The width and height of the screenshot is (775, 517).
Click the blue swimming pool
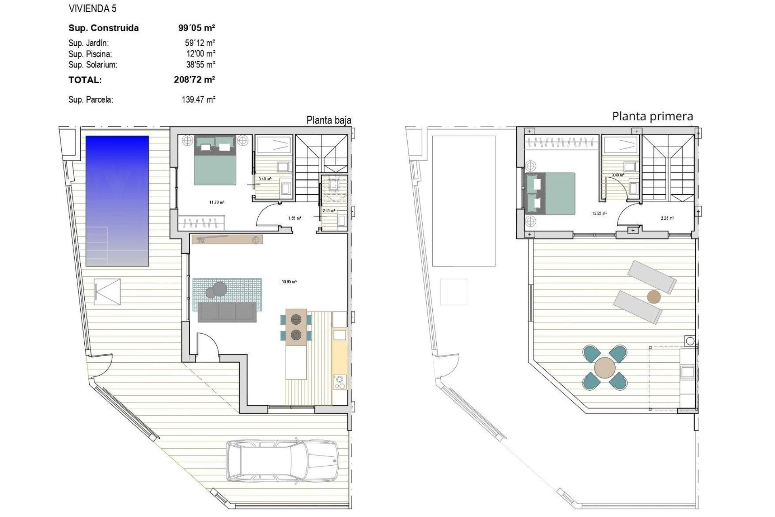point(117,201)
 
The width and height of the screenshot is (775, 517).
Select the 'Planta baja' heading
point(329,120)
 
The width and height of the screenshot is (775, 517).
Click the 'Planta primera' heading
point(652,116)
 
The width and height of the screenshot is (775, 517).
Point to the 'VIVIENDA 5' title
point(93,8)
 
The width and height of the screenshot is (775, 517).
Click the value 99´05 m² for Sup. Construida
point(197,28)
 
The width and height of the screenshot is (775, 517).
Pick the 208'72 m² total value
point(194,80)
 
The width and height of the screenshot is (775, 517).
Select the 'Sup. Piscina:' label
point(90,54)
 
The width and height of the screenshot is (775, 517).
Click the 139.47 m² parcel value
point(198,99)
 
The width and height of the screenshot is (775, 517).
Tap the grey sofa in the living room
point(227,312)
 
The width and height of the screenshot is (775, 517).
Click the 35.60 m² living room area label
point(289,282)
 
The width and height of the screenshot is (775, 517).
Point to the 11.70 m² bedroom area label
point(217,202)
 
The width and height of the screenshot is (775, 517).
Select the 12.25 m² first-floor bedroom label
point(599,213)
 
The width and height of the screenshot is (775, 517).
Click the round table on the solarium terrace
point(605,367)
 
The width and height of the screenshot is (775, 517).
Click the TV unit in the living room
point(227,240)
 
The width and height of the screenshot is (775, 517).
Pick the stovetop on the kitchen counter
point(339,382)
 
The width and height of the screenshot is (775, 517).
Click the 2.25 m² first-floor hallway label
point(667,218)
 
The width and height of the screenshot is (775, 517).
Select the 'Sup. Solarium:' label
point(93,65)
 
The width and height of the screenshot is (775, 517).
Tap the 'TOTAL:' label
point(85,80)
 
